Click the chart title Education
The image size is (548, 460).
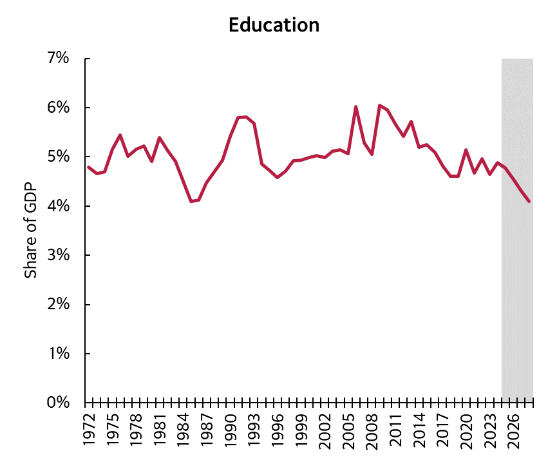point(274,25)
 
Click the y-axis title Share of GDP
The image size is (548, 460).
point(30,230)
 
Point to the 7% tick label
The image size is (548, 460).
point(58,59)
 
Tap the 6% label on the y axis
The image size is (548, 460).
point(58,108)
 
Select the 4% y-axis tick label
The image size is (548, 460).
point(58,206)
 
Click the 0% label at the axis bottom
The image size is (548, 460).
point(58,403)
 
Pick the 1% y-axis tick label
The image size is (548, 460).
point(58,354)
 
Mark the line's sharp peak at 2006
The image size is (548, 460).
point(356,107)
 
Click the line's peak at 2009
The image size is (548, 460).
point(379,105)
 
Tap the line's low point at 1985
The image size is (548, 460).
point(191,201)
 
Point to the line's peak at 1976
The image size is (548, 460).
point(120,135)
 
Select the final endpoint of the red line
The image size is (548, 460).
point(529,201)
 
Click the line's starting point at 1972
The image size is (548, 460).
point(88,167)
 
